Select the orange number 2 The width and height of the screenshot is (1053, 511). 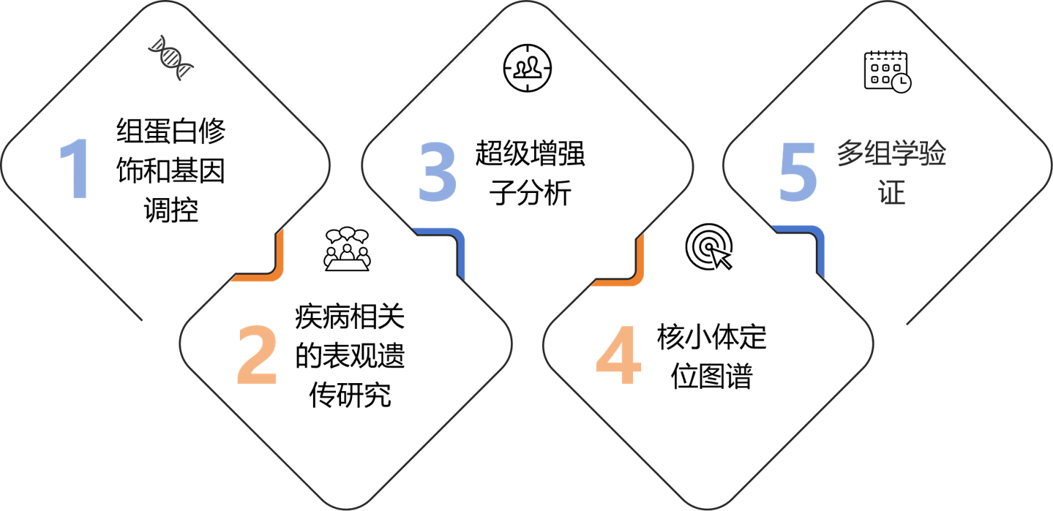click(x=257, y=356)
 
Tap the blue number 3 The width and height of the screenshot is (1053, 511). click(x=438, y=173)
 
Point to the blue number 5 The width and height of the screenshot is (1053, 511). click(x=797, y=173)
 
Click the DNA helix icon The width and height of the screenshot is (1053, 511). click(x=171, y=58)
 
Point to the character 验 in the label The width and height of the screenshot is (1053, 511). click(x=933, y=155)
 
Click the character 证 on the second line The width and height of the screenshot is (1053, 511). click(x=892, y=193)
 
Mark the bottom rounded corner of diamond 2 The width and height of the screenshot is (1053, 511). click(x=345, y=505)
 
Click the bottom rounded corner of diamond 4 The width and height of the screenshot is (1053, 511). click(x=708, y=505)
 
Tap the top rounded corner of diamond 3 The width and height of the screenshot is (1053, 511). click(x=528, y=6)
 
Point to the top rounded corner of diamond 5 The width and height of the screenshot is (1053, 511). click(x=888, y=6)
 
